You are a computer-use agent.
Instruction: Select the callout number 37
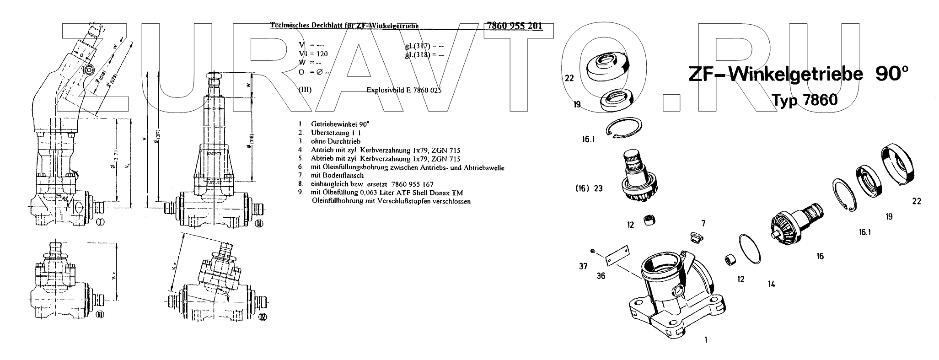point(583,266)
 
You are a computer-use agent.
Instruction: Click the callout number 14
point(771,284)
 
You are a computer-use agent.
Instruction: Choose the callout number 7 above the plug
point(703,224)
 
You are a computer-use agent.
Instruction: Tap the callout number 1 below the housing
point(706,340)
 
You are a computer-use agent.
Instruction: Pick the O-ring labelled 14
point(750,248)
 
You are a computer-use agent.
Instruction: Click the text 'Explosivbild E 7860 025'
point(404,91)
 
